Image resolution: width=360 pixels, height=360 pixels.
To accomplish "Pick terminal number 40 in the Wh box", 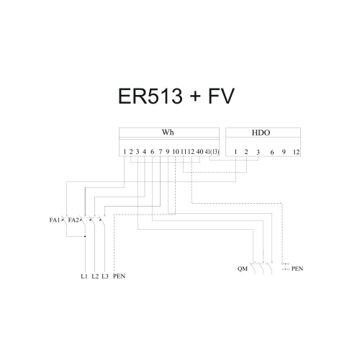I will click(x=199, y=152).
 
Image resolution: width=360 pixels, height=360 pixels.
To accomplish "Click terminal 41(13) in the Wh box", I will click(x=212, y=152).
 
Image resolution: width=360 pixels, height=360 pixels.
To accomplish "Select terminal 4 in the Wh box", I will click(x=145, y=152).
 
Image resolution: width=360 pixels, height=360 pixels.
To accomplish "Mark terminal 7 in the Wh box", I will click(x=160, y=152).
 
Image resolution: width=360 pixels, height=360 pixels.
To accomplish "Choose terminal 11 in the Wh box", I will click(x=184, y=152).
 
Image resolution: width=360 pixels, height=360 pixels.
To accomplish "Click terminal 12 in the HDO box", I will click(x=296, y=152).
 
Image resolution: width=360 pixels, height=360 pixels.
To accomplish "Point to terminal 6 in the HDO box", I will click(x=272, y=152).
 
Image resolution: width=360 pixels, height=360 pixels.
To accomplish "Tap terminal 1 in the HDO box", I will click(x=235, y=152).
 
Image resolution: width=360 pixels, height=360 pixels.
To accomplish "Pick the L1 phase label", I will click(x=84, y=276).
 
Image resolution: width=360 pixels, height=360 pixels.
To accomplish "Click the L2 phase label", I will click(x=95, y=276).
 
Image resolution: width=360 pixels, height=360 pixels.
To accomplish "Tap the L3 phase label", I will click(x=105, y=276).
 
